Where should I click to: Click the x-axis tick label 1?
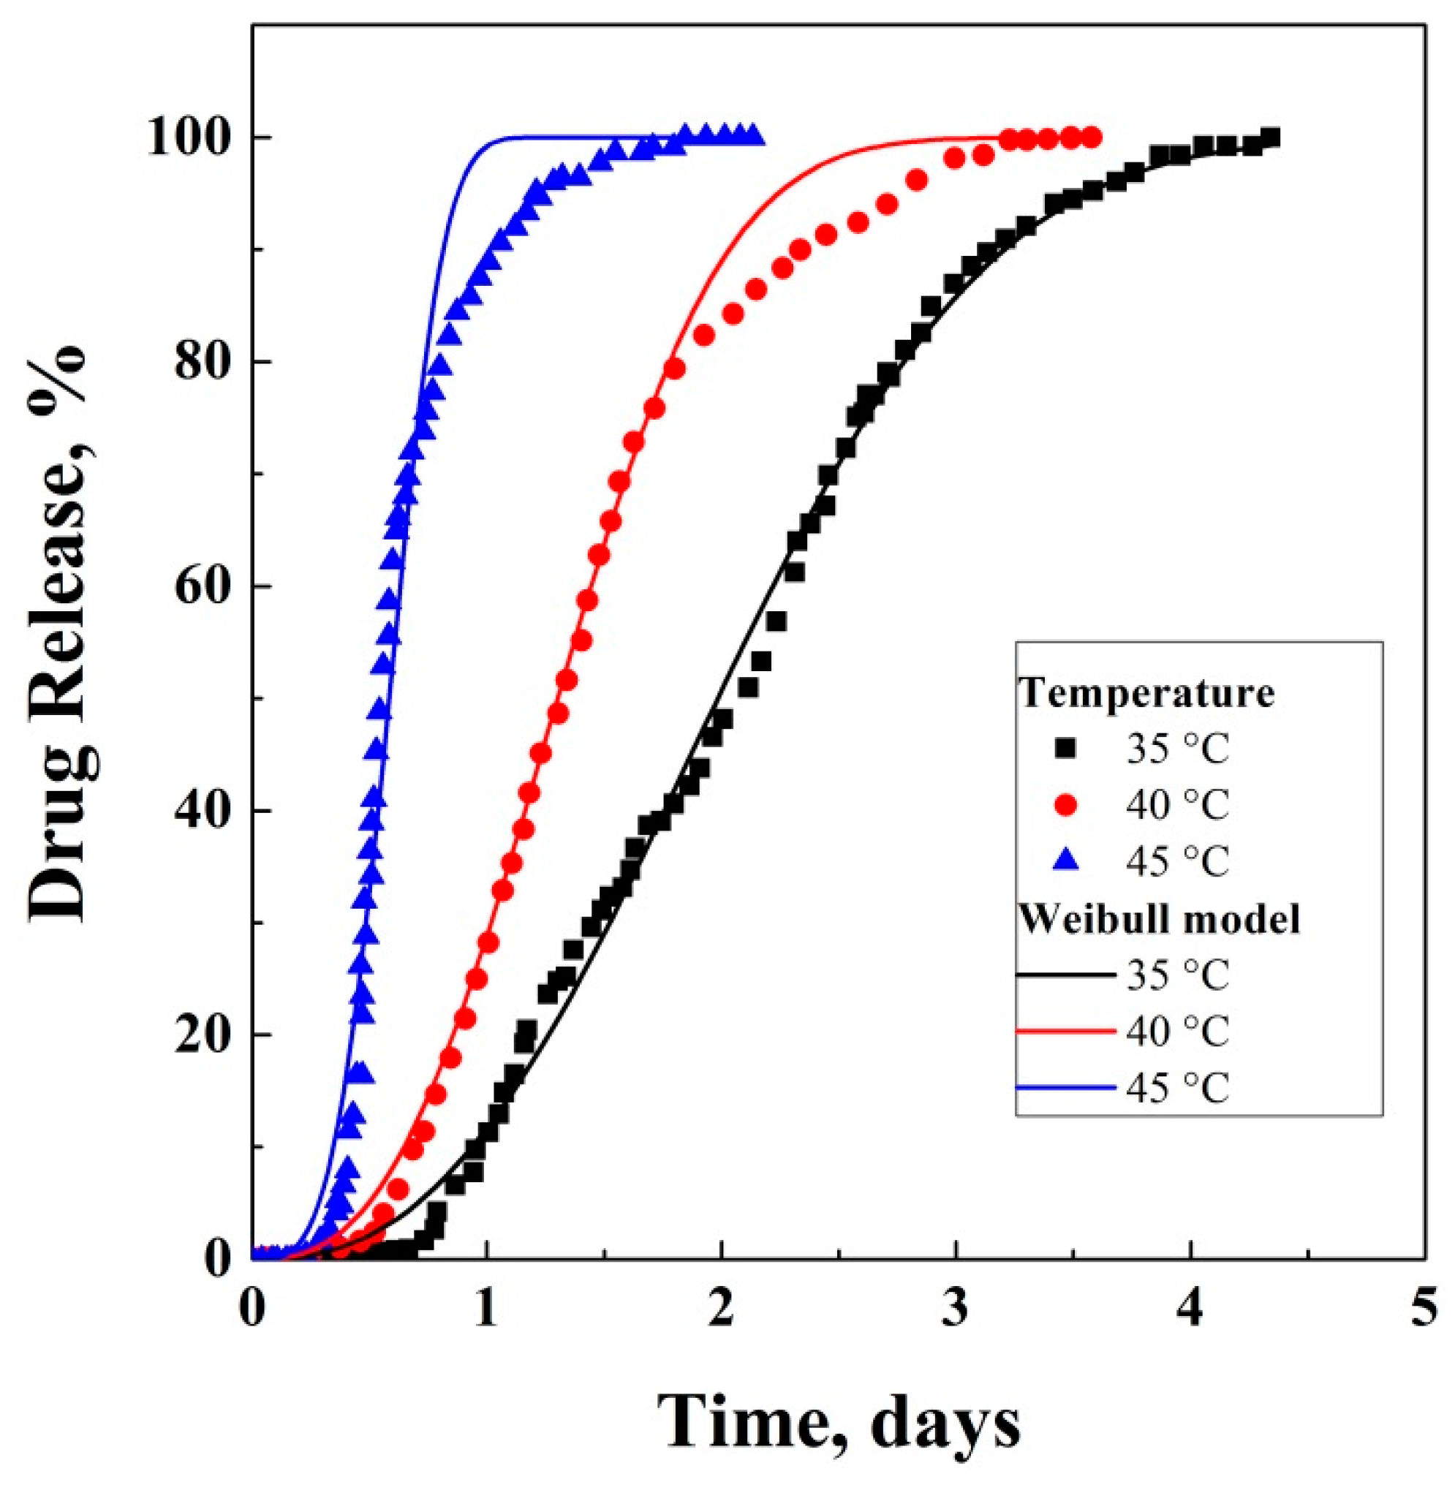pos(487,1305)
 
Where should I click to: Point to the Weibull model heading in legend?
pos(1161,919)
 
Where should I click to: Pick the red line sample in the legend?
pos(1065,1031)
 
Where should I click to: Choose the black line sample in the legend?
pos(1065,975)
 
